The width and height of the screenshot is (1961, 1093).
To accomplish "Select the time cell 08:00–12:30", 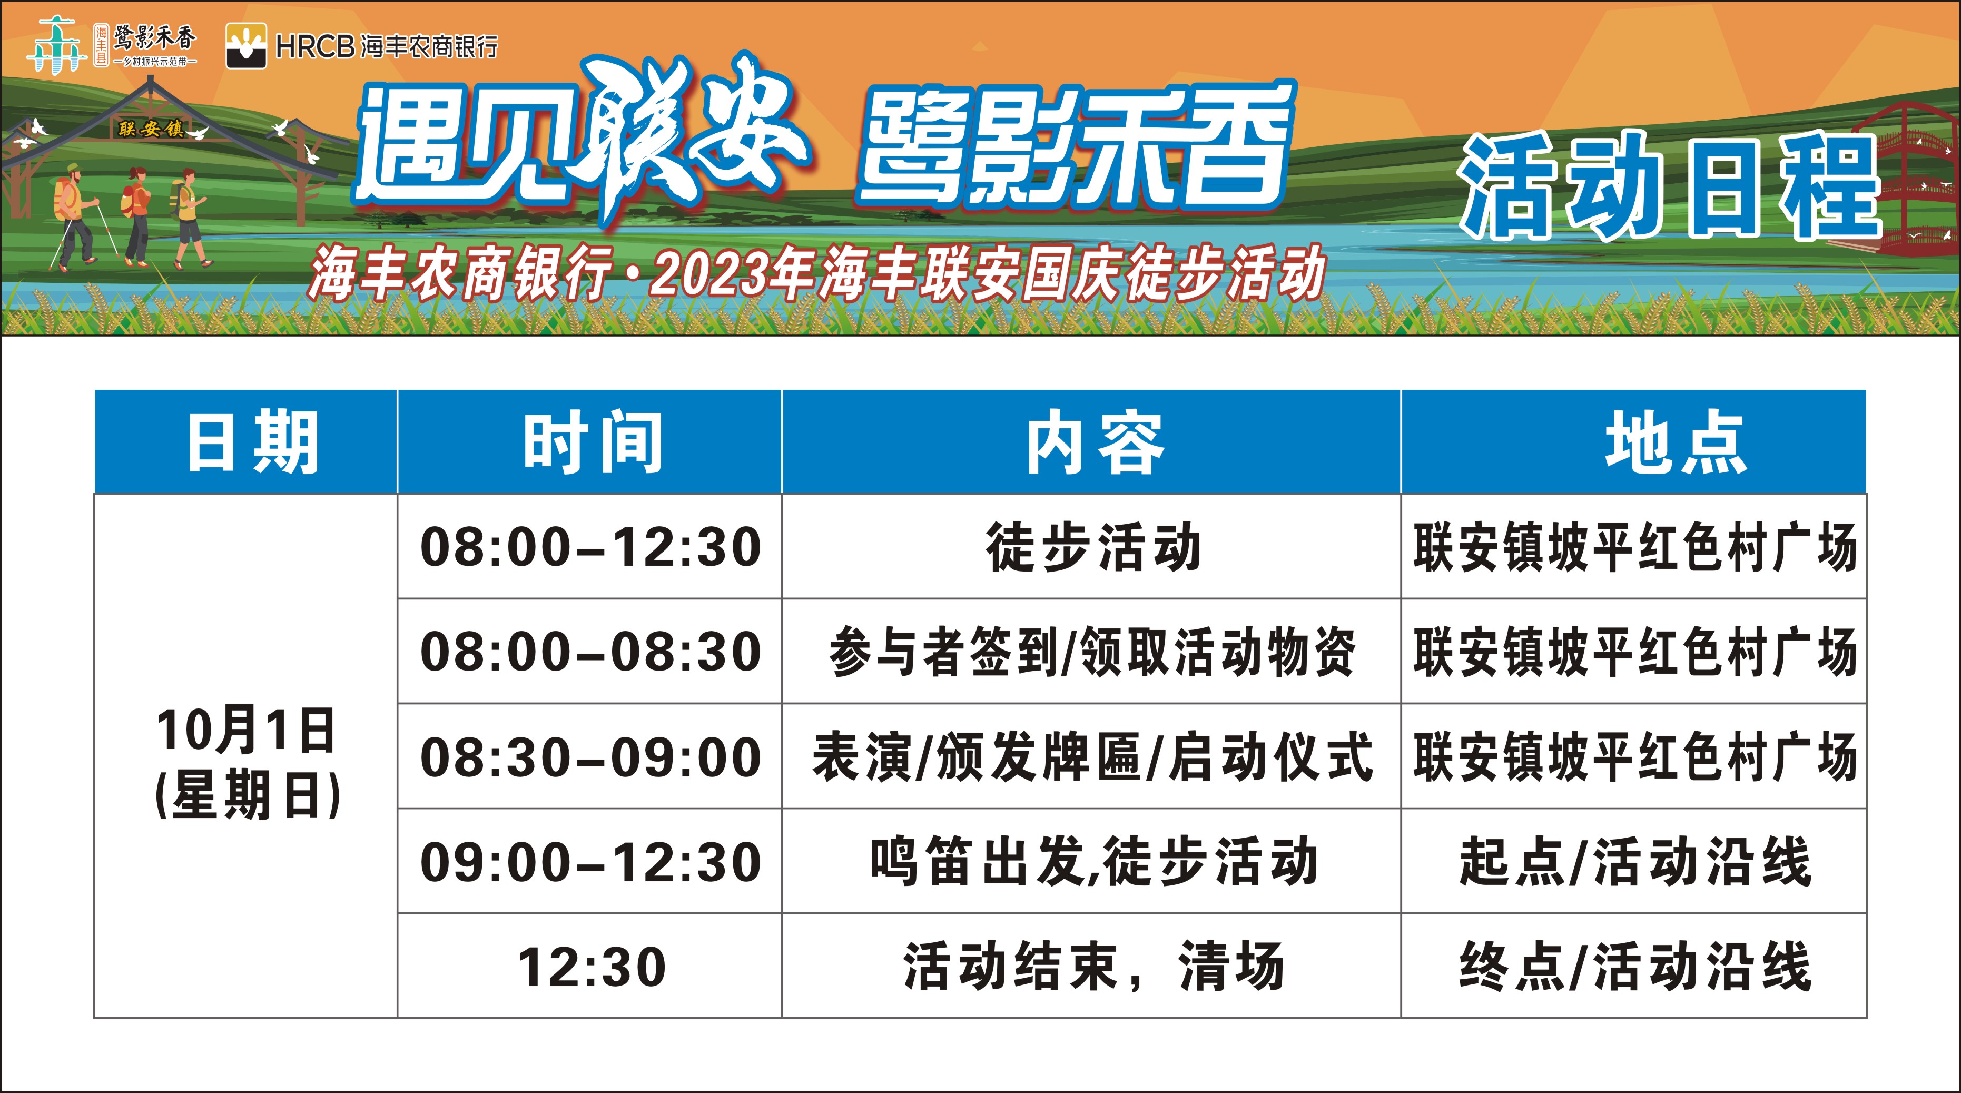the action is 591,547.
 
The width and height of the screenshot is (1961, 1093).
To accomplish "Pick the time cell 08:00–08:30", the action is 591,652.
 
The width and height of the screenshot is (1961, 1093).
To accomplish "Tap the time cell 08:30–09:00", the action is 591,757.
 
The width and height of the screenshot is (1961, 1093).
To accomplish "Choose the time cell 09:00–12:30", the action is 591,862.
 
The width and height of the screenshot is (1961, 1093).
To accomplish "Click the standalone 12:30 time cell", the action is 592,968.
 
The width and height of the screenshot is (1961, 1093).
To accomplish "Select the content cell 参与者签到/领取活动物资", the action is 1092,652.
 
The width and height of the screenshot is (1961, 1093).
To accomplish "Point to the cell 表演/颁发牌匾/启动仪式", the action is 1092,757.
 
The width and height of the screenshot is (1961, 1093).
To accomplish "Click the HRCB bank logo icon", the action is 247,46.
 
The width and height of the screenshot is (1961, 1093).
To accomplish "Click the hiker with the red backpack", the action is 138,216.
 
